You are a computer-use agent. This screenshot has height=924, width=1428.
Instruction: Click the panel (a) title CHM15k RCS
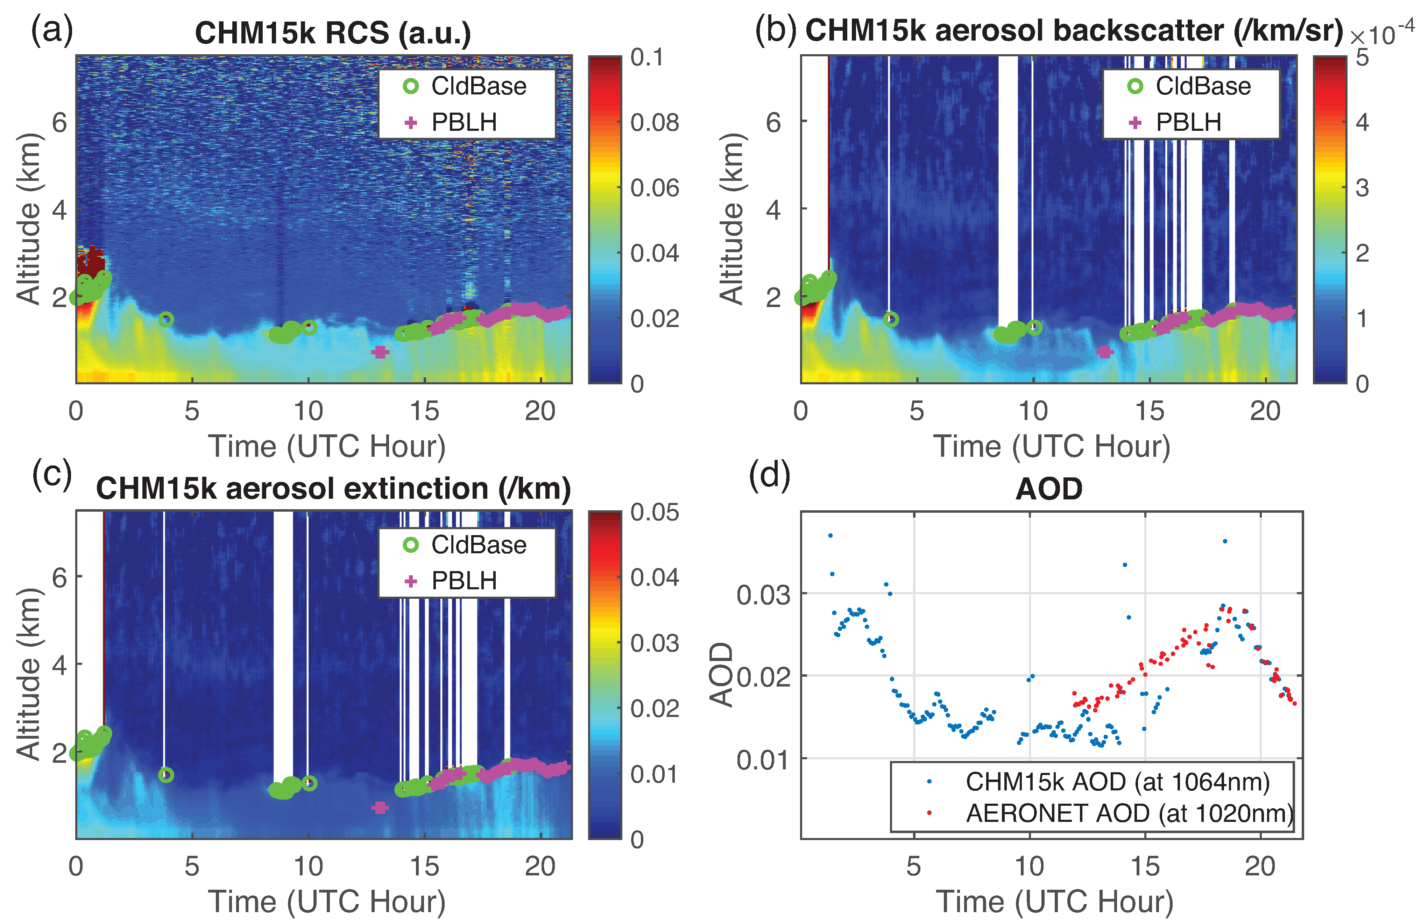coord(333,33)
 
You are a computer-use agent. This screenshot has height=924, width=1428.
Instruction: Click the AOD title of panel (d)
coord(1049,489)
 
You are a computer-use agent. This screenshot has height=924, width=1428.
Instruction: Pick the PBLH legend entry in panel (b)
coord(1188,122)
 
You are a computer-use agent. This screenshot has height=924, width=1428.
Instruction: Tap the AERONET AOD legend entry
coord(1128,813)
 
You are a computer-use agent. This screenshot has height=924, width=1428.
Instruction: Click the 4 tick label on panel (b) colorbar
coord(1362,122)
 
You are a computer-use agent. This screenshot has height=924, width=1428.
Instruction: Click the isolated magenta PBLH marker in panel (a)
coord(380,352)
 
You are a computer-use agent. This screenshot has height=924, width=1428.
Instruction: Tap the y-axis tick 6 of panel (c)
coord(59,577)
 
